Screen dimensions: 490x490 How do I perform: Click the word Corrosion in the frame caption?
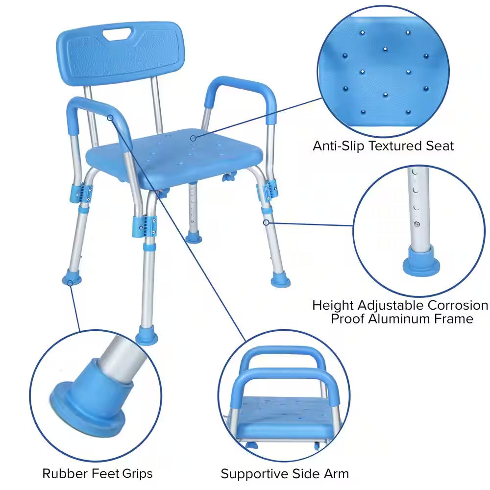(458, 305)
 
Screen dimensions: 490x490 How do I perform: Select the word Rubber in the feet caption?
(62, 473)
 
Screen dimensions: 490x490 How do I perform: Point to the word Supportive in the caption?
(250, 474)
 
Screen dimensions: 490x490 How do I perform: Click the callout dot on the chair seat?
(193, 138)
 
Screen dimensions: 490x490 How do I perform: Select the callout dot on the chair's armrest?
(112, 117)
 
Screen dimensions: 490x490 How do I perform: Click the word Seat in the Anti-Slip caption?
(440, 146)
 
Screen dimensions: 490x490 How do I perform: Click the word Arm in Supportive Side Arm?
(337, 474)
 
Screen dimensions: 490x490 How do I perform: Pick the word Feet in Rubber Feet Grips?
(101, 473)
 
